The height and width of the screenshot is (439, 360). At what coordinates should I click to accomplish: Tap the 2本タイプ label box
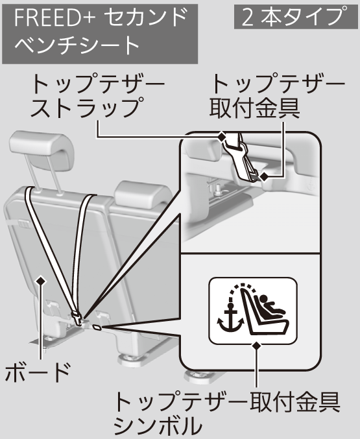[x=292, y=16]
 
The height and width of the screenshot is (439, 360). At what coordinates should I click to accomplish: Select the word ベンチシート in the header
[x=77, y=45]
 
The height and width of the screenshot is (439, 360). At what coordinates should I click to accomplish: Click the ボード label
[x=37, y=372]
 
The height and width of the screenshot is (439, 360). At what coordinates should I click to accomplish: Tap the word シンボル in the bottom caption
[x=158, y=425]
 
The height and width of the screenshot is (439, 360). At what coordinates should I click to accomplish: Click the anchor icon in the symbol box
[x=230, y=317]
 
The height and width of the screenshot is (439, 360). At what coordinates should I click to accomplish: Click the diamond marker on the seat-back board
[x=42, y=281]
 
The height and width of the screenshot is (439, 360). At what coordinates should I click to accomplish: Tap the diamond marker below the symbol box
[x=256, y=346]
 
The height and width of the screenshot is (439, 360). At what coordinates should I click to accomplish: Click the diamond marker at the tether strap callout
[x=222, y=137]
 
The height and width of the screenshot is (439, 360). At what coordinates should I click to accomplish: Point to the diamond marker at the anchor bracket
[x=263, y=176]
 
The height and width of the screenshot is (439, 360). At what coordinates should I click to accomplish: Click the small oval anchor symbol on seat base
[x=97, y=327]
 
